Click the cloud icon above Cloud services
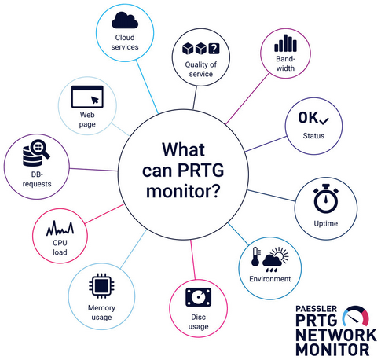pyautogui.click(x=125, y=20)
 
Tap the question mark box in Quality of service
pyautogui.click(x=214, y=48)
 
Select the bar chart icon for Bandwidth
pyautogui.click(x=285, y=43)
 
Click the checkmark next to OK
pyautogui.click(x=324, y=120)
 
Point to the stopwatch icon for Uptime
pyautogui.click(x=326, y=198)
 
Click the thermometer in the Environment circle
pyautogui.click(x=255, y=257)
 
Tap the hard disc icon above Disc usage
pyautogui.click(x=198, y=297)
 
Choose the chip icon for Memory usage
pyautogui.click(x=101, y=286)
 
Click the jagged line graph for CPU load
pyautogui.click(x=60, y=229)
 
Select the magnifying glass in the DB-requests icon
pyautogui.click(x=40, y=149)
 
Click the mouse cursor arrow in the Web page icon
pyautogui.click(x=95, y=100)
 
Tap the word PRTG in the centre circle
pyautogui.click(x=201, y=171)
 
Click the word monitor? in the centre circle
pyautogui.click(x=183, y=192)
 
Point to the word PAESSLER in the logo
pyautogui.click(x=316, y=309)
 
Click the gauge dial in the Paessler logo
pyautogui.click(x=356, y=315)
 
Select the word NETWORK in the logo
pyautogui.click(x=336, y=335)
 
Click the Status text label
pyautogui.click(x=313, y=136)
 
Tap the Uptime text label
pyautogui.click(x=326, y=223)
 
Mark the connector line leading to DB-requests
pyautogui.click(x=94, y=170)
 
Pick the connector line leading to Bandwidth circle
pyautogui.click(x=247, y=99)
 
